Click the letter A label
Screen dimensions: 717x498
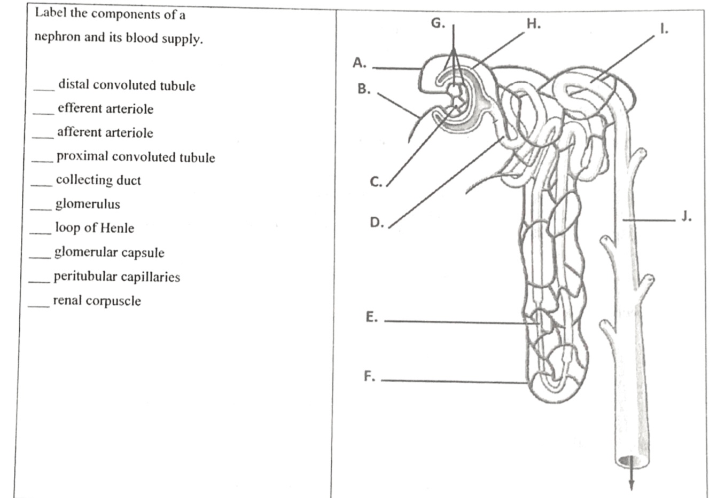[x=359, y=63]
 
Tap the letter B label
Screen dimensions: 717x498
[x=364, y=89]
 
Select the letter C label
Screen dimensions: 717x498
[x=376, y=182]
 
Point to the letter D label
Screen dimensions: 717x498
[x=377, y=222]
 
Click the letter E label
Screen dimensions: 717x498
[x=371, y=317]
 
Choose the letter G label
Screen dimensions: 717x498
[x=438, y=23]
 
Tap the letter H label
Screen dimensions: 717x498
[x=533, y=23]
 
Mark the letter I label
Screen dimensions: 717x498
[x=663, y=30]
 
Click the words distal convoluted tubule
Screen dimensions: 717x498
[x=127, y=85]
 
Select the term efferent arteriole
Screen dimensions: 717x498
[x=105, y=109]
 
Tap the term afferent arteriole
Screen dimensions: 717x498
[x=105, y=132]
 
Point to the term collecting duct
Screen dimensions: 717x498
[x=98, y=180]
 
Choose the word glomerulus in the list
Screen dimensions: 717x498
[x=88, y=204]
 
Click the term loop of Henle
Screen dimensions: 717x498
[x=95, y=228]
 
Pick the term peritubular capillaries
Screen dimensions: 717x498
[x=116, y=276]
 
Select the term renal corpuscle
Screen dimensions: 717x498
[x=97, y=301]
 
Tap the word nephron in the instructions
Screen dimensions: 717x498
[x=56, y=37]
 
